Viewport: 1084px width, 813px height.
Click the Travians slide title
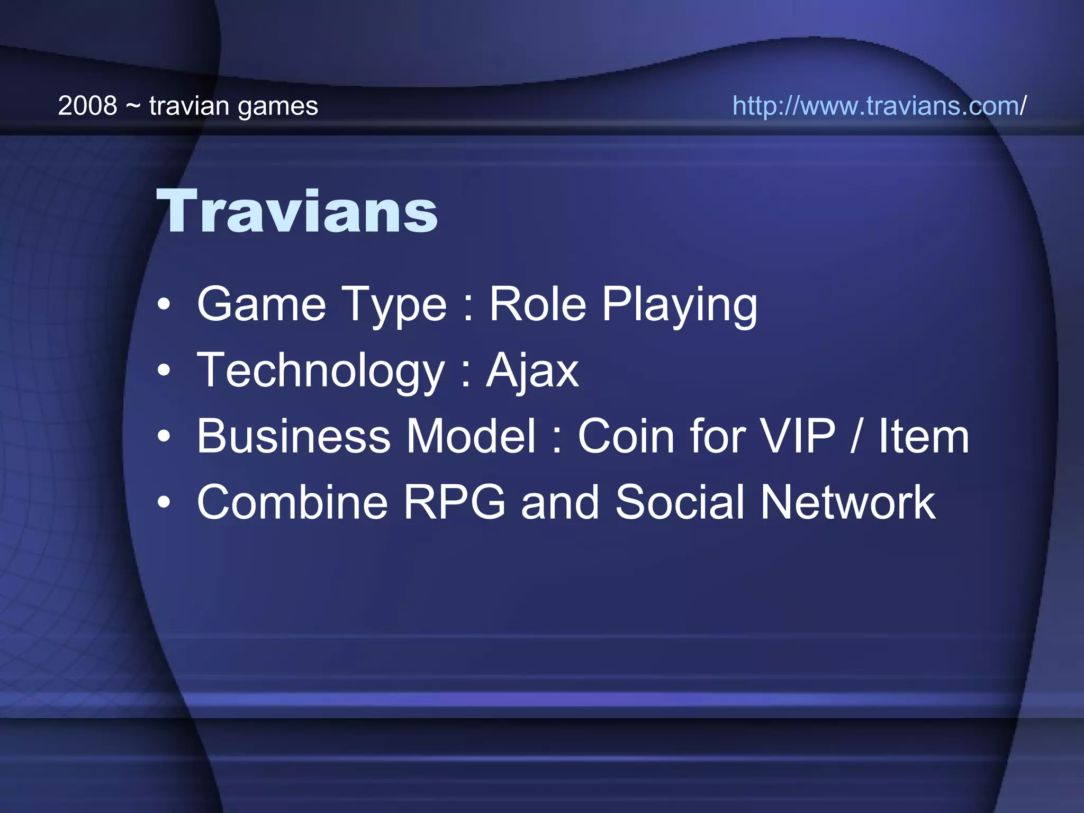click(x=296, y=212)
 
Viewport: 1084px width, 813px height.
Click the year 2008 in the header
click(x=87, y=106)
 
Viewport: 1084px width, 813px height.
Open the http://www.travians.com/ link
click(x=879, y=106)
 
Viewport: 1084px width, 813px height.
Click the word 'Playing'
click(x=680, y=306)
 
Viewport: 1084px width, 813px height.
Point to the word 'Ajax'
click(x=532, y=371)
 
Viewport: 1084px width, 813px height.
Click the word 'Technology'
click(x=320, y=371)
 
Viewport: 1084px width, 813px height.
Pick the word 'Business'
click(x=293, y=436)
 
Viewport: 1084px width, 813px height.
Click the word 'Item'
click(x=924, y=436)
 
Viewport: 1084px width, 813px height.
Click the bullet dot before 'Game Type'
click(x=164, y=305)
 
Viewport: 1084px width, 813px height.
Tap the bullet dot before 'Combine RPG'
click(x=164, y=503)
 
